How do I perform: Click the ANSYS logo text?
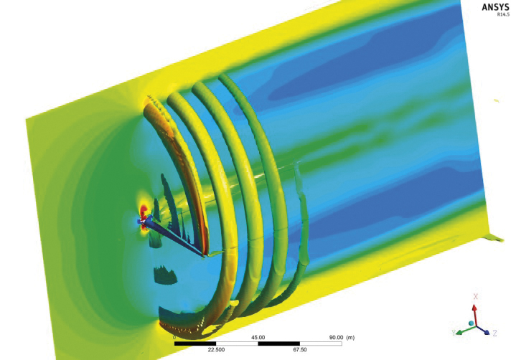495,7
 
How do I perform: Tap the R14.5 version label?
503,15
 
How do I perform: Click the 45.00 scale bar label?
258,338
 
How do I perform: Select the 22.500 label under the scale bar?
216,349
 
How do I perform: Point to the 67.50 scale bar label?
300,349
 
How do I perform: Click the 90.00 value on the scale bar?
336,338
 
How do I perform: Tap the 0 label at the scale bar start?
174,338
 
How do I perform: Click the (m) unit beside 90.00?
350,338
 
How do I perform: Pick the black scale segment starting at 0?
195,344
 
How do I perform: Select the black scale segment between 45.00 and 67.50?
278,344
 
